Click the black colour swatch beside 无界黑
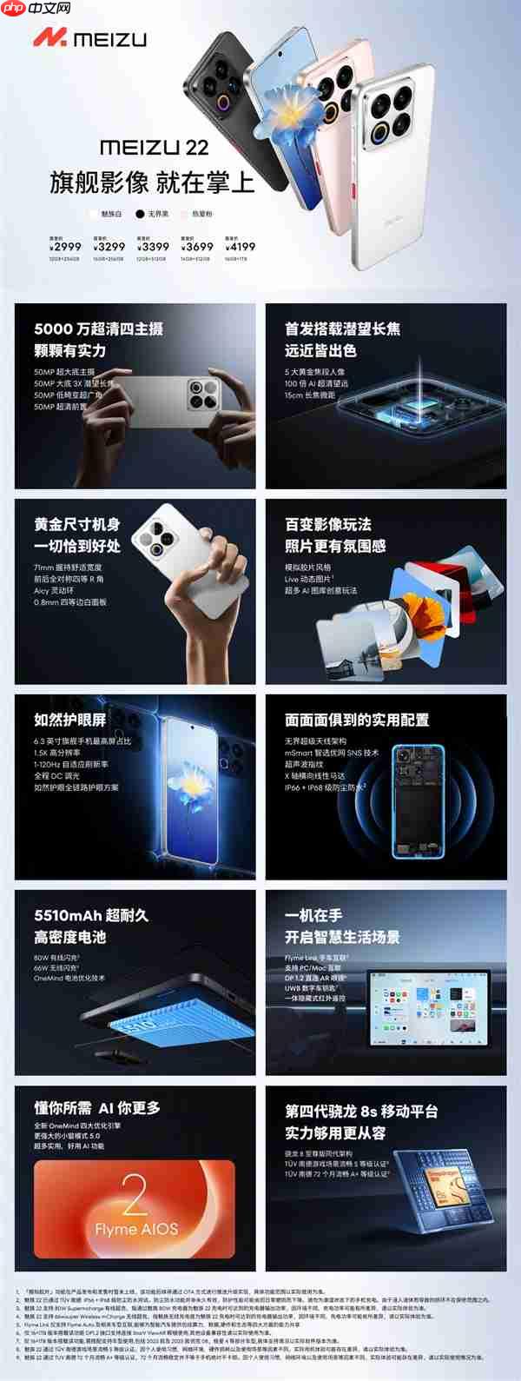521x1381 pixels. (x=139, y=213)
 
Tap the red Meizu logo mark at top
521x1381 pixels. (x=49, y=38)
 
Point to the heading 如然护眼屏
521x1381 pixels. (x=70, y=720)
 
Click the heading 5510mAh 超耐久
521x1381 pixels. (x=91, y=915)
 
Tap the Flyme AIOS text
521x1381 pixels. (x=135, y=1227)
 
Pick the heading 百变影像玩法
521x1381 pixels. (x=328, y=524)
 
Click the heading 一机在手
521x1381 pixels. (x=313, y=915)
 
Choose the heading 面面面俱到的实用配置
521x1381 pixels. (x=357, y=720)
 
